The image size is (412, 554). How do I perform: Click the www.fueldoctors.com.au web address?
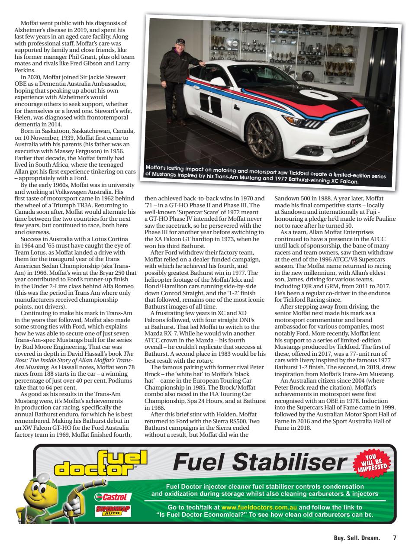[259, 507]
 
